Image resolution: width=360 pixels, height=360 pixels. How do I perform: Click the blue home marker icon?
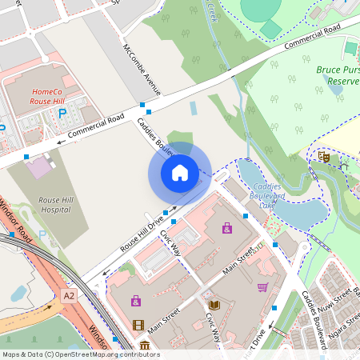tap(180, 173)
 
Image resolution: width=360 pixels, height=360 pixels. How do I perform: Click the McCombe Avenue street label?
tap(142, 70)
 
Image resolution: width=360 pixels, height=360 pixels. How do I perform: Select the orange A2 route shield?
tap(70, 296)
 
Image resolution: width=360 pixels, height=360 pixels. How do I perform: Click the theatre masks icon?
tap(324, 157)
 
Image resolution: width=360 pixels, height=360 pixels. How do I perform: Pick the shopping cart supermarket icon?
tap(262, 287)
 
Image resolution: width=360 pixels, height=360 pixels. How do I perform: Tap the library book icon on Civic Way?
tap(214, 305)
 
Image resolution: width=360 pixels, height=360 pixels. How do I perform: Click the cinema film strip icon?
tap(139, 325)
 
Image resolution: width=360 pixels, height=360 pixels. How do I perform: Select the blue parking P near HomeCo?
tap(62, 114)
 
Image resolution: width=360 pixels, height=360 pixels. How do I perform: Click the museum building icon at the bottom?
tap(144, 345)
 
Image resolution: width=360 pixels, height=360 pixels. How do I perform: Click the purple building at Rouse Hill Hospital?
tap(38, 168)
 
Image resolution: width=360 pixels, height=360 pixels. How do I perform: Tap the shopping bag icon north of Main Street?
tap(227, 229)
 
